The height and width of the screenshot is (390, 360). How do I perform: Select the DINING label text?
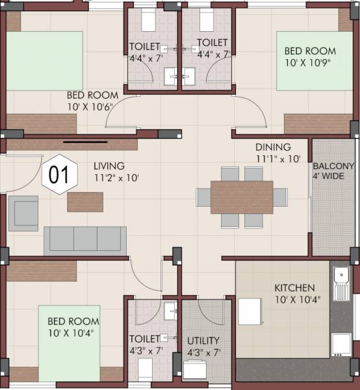273,148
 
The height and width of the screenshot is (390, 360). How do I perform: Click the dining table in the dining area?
242,197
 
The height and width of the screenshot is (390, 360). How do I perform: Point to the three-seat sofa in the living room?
85,240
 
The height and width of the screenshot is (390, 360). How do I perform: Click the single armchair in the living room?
23,213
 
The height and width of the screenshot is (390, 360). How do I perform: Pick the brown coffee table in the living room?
85,201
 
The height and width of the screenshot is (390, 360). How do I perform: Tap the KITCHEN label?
294,287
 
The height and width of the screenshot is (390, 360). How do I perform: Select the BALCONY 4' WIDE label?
333,171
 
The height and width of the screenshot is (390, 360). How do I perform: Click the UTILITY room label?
203,341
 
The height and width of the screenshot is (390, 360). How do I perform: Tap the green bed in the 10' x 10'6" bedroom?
44,61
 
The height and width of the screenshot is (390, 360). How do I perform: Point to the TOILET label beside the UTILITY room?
144,339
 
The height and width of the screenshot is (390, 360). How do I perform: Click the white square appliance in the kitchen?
250,311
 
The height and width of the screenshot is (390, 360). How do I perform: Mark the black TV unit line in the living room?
85,140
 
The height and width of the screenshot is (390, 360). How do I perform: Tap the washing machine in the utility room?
196,369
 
